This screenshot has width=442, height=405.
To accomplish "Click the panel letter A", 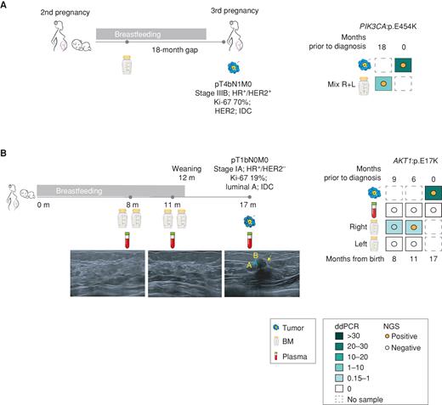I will tap(6, 6).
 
